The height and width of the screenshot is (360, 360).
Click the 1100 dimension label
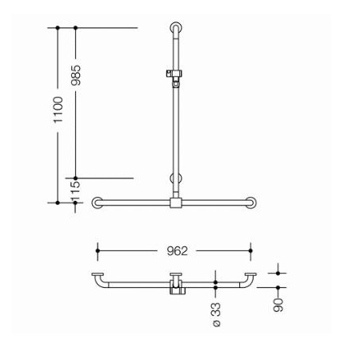click(58, 110)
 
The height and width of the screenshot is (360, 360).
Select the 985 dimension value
click(76, 75)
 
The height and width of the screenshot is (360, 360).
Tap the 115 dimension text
click(75, 191)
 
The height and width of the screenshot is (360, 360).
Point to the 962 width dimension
click(177, 251)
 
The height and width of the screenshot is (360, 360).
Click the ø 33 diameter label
click(217, 314)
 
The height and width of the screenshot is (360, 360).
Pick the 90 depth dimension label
click(278, 305)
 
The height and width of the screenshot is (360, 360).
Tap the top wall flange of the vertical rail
click(176, 28)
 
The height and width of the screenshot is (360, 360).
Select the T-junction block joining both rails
click(176, 202)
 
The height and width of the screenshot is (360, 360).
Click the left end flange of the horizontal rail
click(98, 202)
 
